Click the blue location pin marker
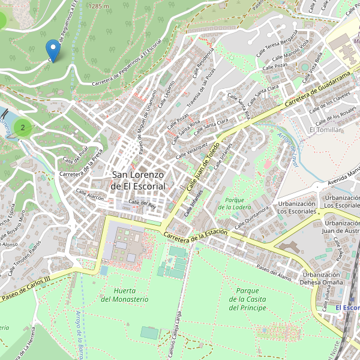(53, 50)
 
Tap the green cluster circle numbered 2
(23, 127)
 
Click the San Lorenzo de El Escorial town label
(139, 180)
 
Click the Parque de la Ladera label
(235, 203)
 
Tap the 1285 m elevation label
(98, 5)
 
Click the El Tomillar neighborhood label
(325, 130)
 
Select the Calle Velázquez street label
(192, 150)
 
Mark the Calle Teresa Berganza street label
(277, 45)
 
